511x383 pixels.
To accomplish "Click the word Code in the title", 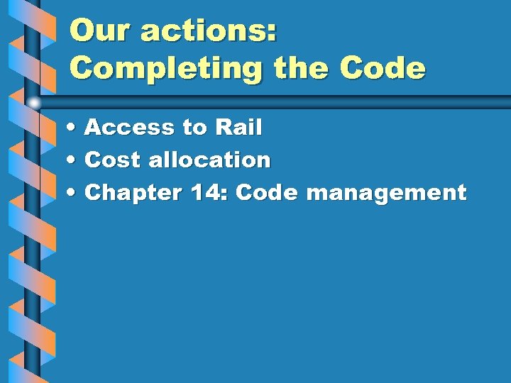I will pyautogui.click(x=383, y=68).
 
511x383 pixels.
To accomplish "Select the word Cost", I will pyautogui.click(x=114, y=160).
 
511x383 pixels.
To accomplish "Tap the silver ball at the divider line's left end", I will pyautogui.click(x=34, y=103).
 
